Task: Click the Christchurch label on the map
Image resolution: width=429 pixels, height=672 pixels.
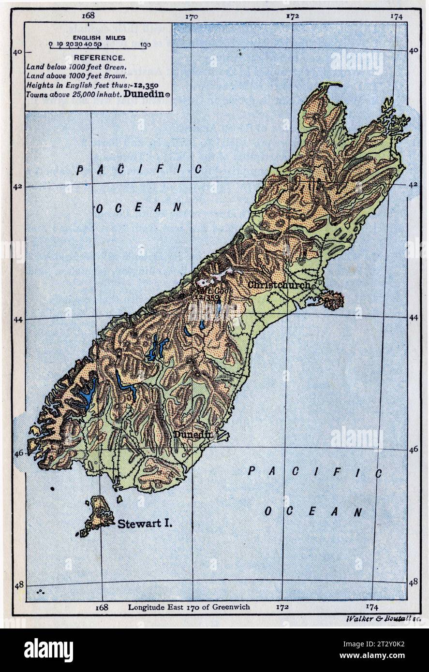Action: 278,285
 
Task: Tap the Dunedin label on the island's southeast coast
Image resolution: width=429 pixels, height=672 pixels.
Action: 192,435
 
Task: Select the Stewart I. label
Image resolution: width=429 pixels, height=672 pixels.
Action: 144,523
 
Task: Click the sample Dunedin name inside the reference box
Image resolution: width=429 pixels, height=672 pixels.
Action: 144,95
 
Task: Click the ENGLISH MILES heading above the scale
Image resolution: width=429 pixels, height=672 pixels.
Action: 99,37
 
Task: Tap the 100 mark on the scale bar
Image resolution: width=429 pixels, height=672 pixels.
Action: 145,45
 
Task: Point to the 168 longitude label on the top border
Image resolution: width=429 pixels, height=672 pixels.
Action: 88,15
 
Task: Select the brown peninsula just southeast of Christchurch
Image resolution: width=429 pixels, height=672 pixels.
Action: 332,301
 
